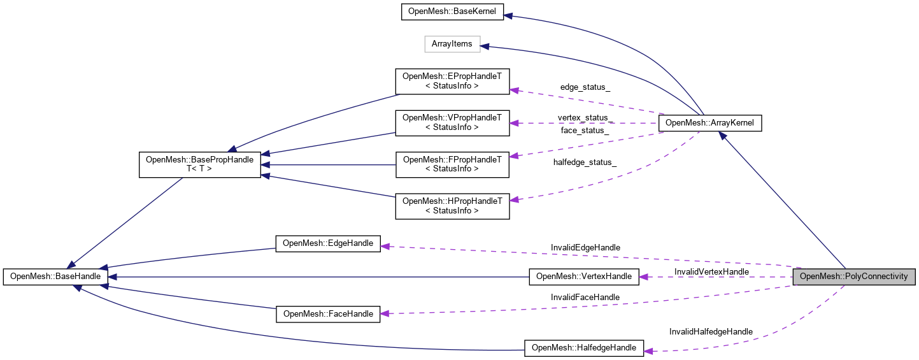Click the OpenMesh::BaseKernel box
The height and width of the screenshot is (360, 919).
[x=452, y=12]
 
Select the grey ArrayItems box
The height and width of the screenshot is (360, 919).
[x=452, y=44]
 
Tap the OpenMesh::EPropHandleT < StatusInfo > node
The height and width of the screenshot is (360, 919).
[x=452, y=80]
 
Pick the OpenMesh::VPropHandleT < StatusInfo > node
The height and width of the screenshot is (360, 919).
[x=452, y=122]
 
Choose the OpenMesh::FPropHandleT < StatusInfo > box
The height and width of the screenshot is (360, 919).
[x=452, y=164]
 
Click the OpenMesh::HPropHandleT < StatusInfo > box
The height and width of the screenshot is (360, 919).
[x=452, y=205]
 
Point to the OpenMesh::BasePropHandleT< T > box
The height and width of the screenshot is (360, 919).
[x=199, y=164]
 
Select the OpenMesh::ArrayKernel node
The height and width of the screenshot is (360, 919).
[x=710, y=123]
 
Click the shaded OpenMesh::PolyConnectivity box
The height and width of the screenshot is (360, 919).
[x=853, y=277]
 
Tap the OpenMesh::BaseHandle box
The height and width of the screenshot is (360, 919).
[x=55, y=277]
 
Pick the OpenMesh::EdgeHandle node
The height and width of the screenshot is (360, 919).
[x=327, y=243]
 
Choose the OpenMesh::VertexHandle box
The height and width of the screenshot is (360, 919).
[x=584, y=277]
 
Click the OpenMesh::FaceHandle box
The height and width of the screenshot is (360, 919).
[x=327, y=313]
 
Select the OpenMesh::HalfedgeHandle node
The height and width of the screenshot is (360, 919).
[x=584, y=348]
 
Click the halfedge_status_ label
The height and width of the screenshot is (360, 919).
[x=585, y=162]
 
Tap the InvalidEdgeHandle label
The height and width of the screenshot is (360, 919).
[x=585, y=247]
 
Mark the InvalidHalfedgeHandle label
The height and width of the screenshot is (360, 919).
[x=711, y=331]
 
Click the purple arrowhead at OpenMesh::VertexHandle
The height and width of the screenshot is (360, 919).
[x=643, y=277]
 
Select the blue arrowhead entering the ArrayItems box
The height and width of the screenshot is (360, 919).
[x=484, y=46]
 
